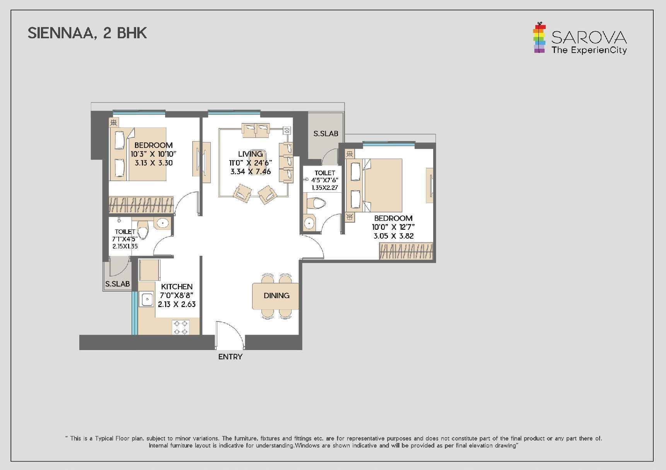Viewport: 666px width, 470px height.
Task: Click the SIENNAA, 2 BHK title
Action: tap(87, 33)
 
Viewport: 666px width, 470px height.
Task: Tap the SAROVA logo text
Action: tap(589, 38)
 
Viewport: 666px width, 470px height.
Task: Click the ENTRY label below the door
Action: tap(230, 357)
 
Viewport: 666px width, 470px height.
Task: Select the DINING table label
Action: tap(276, 296)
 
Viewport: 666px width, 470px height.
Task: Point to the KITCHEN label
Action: tap(177, 287)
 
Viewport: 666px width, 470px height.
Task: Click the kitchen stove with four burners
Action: tap(181, 327)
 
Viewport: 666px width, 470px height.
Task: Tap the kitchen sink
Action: tap(147, 299)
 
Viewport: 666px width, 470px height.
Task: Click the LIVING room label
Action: tap(250, 154)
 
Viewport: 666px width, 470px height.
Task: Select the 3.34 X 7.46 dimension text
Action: tap(251, 171)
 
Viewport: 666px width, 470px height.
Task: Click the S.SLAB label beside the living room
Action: tap(326, 133)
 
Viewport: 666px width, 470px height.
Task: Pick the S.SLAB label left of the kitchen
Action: tap(118, 284)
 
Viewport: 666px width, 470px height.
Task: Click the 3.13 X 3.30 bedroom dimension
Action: tap(154, 163)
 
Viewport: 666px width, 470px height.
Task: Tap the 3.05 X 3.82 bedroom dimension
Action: tap(393, 236)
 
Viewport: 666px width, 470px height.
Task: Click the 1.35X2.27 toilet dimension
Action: tap(325, 188)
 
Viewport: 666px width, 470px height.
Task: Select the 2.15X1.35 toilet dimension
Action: tap(125, 246)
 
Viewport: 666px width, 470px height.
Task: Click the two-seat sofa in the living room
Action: tap(256, 130)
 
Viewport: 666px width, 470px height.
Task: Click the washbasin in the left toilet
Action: tap(163, 223)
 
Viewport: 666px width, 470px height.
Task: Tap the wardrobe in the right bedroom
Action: tap(406, 251)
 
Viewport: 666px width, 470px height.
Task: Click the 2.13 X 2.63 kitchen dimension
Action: tap(177, 304)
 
